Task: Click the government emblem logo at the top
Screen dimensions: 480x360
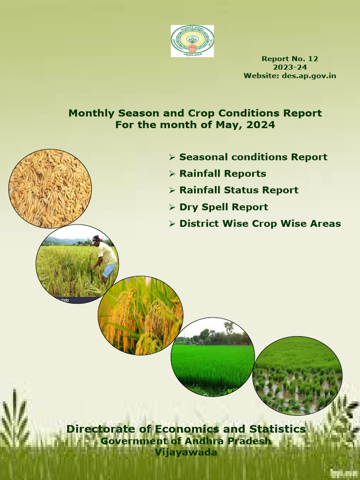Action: point(192,41)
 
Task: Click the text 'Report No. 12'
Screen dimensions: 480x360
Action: point(290,59)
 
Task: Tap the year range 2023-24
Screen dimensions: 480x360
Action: point(290,67)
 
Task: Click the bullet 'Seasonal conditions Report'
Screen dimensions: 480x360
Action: point(253,157)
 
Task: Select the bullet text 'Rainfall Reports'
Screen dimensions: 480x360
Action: point(223,173)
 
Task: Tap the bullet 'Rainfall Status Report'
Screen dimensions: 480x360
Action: point(239,190)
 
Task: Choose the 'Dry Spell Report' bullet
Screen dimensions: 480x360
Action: point(224,207)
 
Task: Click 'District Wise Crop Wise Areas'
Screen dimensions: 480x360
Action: point(260,224)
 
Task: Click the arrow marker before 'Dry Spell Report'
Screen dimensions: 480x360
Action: point(172,207)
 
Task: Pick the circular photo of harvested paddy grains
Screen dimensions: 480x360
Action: point(50,188)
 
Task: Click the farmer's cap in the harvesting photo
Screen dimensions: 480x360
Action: point(96,239)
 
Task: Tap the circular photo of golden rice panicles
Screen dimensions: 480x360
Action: point(140,315)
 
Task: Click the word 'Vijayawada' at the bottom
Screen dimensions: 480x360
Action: point(186,452)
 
